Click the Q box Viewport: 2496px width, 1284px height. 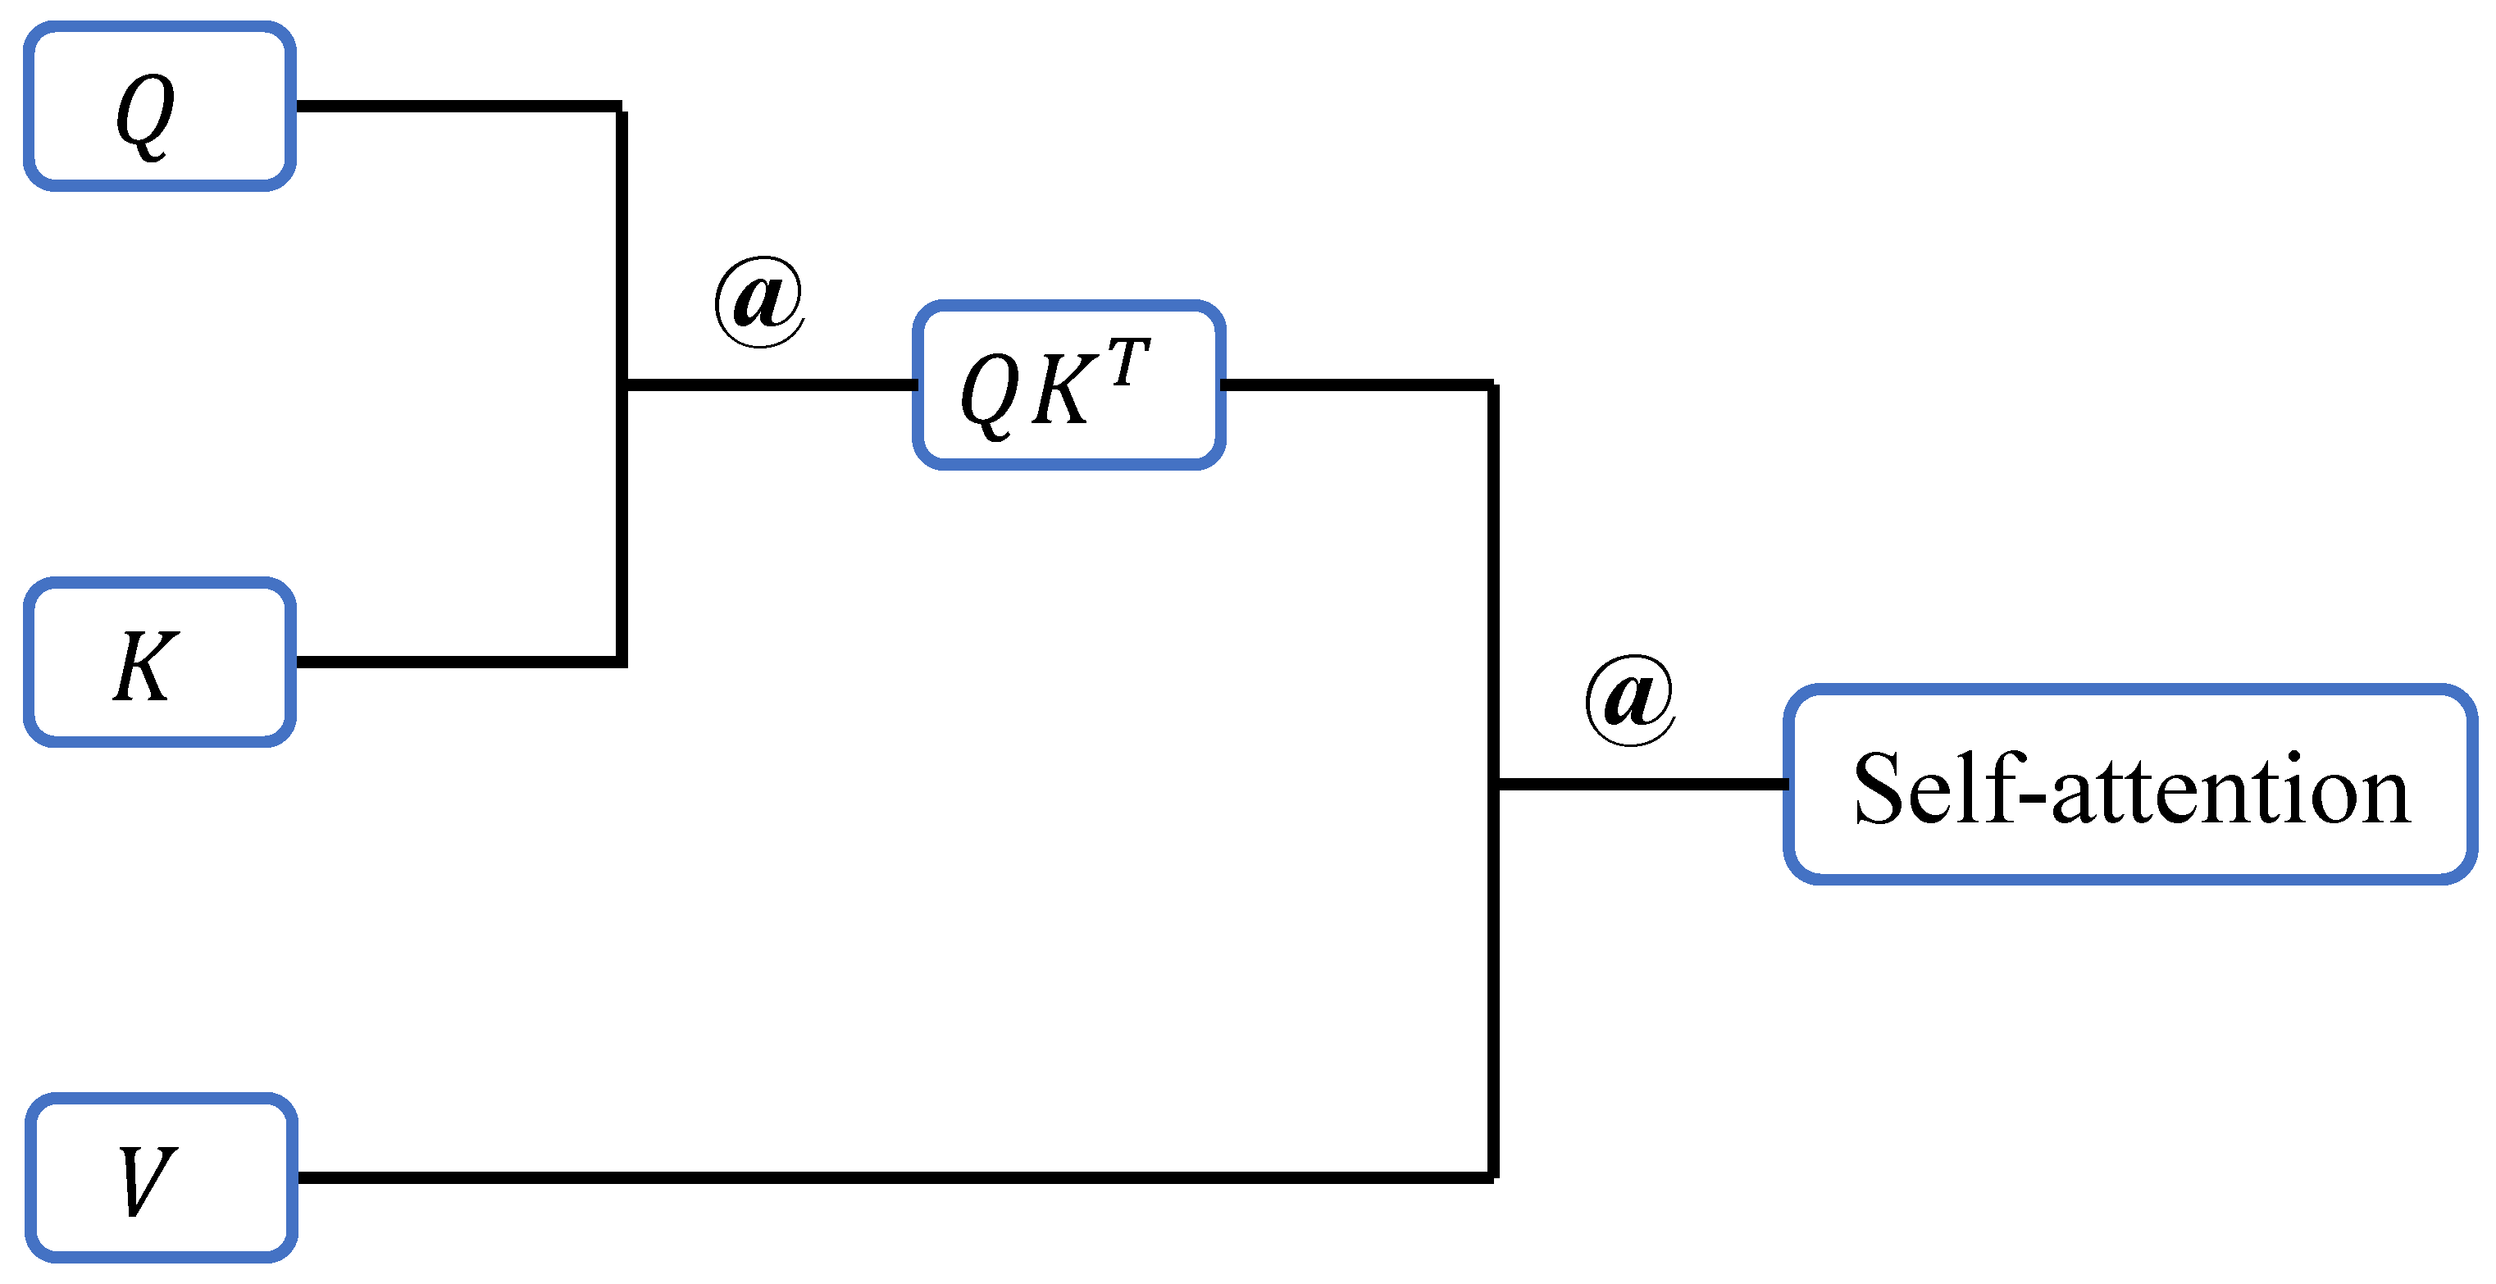pyautogui.click(x=160, y=107)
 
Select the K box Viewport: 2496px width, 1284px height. pyautogui.click(x=160, y=662)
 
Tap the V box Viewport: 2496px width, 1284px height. pyautogui.click(x=161, y=1177)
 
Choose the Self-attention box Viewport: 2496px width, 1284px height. pyautogui.click(x=2129, y=784)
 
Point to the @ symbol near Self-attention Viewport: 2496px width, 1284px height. pyautogui.click(x=1630, y=699)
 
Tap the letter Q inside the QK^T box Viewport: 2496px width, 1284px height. pyautogui.click(x=988, y=393)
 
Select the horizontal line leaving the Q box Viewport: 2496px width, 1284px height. pyautogui.click(x=455, y=106)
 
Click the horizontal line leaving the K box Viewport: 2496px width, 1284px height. pyautogui.click(x=455, y=662)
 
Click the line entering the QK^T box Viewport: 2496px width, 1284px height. pyautogui.click(x=770, y=385)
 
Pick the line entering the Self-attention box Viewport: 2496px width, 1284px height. pyautogui.click(x=1642, y=784)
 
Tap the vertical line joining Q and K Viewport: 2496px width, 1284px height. pyautogui.click(x=621, y=242)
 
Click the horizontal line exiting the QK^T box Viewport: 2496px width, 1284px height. pyautogui.click(x=1356, y=385)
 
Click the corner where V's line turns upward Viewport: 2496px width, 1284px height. pyautogui.click(x=1493, y=1177)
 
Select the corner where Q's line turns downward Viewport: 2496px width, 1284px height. pyautogui.click(x=620, y=107)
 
